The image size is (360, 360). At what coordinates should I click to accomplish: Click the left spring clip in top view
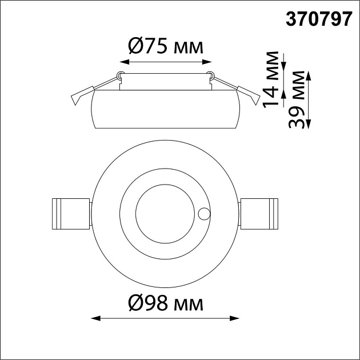coord(70,213)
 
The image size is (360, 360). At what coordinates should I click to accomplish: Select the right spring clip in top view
coord(259,213)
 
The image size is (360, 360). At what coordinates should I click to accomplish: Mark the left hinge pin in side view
coord(120,75)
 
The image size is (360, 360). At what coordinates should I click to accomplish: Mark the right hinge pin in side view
coord(210,74)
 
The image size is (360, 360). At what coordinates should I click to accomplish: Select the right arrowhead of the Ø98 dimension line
coord(235,318)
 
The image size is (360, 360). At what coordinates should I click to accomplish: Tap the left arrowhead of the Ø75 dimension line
coord(124,61)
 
